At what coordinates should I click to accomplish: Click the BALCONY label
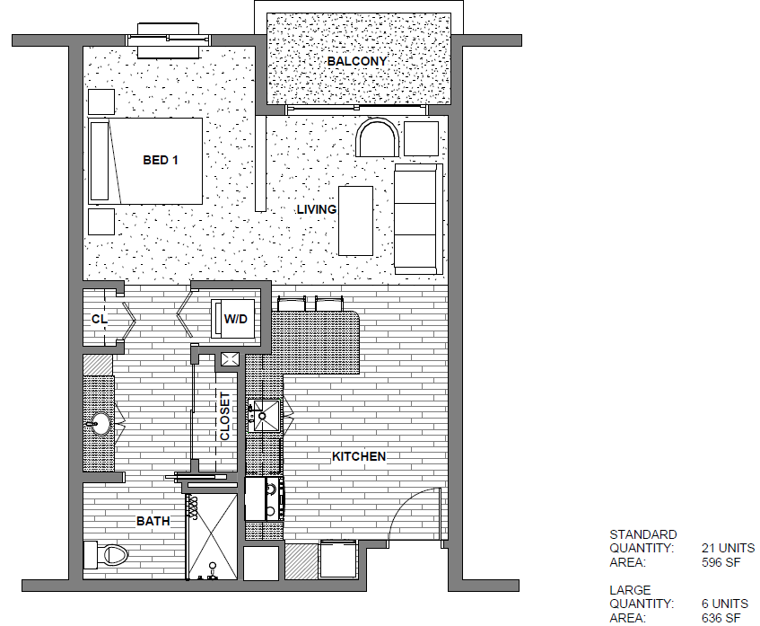coord(357,61)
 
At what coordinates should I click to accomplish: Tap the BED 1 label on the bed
coord(161,160)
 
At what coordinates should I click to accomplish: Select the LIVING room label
coord(317,209)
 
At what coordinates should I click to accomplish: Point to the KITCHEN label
coord(359,456)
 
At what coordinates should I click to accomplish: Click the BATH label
coord(153,521)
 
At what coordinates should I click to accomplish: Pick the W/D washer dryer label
coord(236,319)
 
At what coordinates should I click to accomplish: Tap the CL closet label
coord(100,319)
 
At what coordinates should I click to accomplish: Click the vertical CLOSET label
coord(225,417)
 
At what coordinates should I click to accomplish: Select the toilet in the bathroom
coord(105,555)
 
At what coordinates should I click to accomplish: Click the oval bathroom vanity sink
coord(100,424)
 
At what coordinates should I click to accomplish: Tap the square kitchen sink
coord(264,416)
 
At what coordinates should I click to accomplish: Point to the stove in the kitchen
coord(264,498)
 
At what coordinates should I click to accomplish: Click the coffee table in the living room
coord(355,221)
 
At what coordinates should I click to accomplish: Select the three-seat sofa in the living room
coord(418,219)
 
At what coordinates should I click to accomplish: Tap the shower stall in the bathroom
coord(213,537)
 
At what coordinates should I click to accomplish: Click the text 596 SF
coord(721,562)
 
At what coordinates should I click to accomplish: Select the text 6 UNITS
coord(725,604)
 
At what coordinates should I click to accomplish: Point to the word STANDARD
coord(643,534)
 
